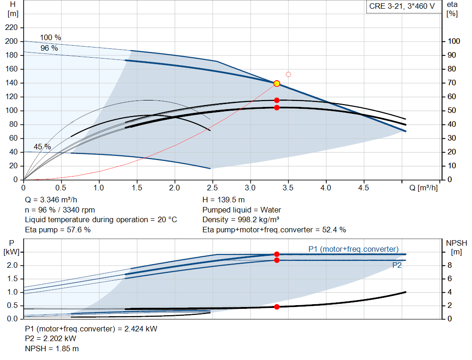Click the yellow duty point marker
[277, 83]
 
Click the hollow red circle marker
[289, 74]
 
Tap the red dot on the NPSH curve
[277, 307]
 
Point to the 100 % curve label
[51, 38]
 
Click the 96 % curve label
[49, 48]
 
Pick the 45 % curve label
[42, 147]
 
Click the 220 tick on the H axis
[12, 27]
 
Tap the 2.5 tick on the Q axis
[212, 188]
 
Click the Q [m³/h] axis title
[424, 188]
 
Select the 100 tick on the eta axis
[454, 41]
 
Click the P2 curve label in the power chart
[397, 265]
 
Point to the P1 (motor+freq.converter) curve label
[354, 249]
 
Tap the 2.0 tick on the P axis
[12, 265]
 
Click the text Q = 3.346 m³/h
[51, 200]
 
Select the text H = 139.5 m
[224, 200]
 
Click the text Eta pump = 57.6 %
[58, 230]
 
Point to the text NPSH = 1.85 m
[52, 348]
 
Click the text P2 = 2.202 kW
[51, 339]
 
